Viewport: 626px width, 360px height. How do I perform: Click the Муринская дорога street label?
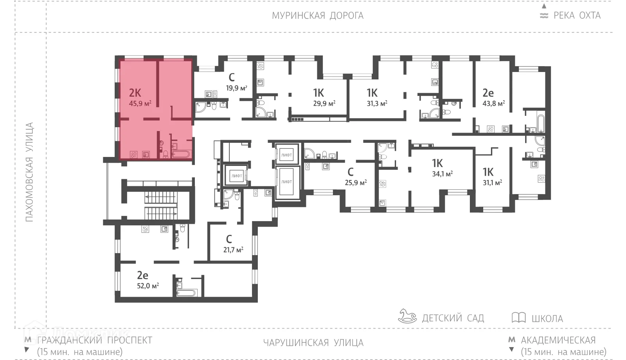pyautogui.click(x=317, y=16)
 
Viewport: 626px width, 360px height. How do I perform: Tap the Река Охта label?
pyautogui.click(x=576, y=16)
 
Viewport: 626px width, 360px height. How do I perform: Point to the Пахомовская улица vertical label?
pyautogui.click(x=29, y=172)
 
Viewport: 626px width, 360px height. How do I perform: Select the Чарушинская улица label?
pyautogui.click(x=313, y=343)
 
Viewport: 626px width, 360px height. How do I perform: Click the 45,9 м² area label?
pyautogui.click(x=140, y=104)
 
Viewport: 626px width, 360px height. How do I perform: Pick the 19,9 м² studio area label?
pyautogui.click(x=236, y=88)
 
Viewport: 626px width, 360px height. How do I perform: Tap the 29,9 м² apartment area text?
pyautogui.click(x=324, y=104)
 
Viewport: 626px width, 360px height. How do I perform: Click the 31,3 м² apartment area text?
pyautogui.click(x=377, y=104)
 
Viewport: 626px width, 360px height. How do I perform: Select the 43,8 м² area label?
pyautogui.click(x=493, y=104)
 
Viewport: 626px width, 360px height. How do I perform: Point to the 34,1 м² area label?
pyautogui.click(x=442, y=174)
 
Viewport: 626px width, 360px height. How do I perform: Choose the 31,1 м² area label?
pyautogui.click(x=492, y=183)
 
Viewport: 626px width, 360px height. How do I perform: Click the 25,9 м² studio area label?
pyautogui.click(x=356, y=183)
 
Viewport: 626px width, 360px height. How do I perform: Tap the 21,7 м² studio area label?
pyautogui.click(x=233, y=250)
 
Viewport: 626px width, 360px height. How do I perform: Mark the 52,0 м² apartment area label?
pyautogui.click(x=148, y=286)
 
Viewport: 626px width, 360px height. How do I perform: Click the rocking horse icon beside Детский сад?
pyautogui.click(x=407, y=316)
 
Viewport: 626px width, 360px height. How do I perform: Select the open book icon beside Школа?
pyautogui.click(x=518, y=317)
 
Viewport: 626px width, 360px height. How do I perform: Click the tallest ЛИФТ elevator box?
pyautogui.click(x=287, y=182)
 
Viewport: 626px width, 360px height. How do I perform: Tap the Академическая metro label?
pyautogui.click(x=558, y=340)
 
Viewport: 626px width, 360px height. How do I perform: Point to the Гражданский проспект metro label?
pyautogui.click(x=94, y=340)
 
